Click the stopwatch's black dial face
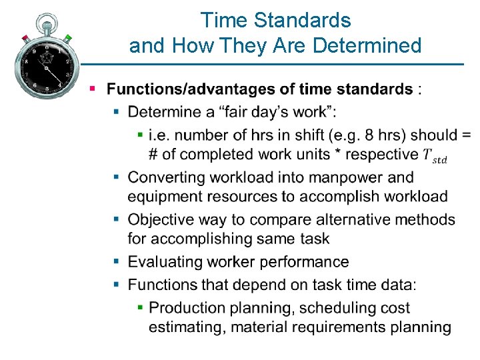[x=46, y=65]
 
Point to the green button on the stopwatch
[x=67, y=38]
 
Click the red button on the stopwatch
[x=25, y=38]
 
